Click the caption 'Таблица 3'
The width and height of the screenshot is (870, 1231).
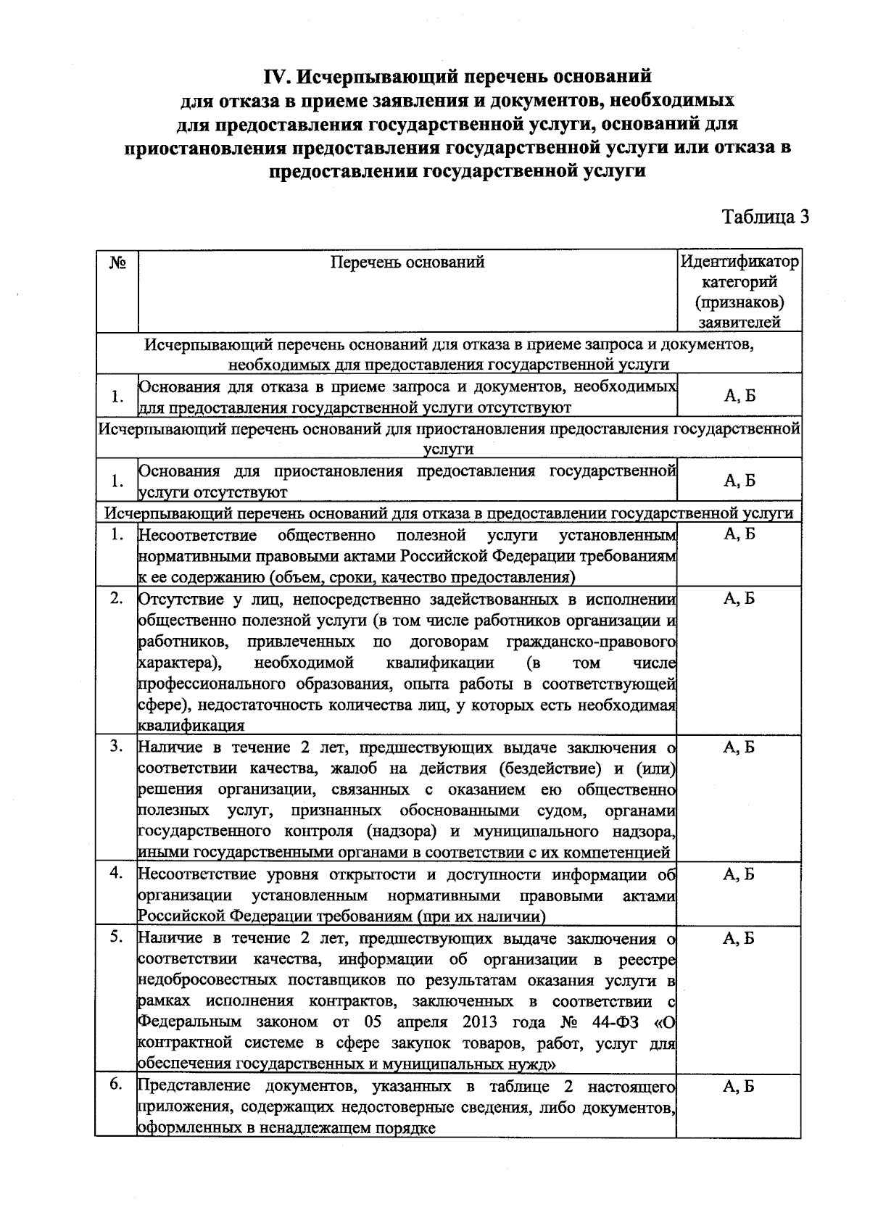pyautogui.click(x=765, y=217)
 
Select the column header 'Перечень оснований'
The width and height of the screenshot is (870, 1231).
pyautogui.click(x=407, y=262)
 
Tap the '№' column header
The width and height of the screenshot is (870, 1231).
pyautogui.click(x=117, y=262)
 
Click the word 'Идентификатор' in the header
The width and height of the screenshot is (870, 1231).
pyautogui.click(x=739, y=262)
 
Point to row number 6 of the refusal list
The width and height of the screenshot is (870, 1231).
pyautogui.click(x=116, y=1085)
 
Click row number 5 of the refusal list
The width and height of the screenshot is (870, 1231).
pyautogui.click(x=116, y=937)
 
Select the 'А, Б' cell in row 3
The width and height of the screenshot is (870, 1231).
pyautogui.click(x=739, y=747)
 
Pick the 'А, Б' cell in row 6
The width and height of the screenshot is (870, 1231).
pyautogui.click(x=739, y=1086)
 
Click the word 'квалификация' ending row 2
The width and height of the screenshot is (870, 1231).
pyautogui.click(x=191, y=726)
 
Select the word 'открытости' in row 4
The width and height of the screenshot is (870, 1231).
pyautogui.click(x=376, y=874)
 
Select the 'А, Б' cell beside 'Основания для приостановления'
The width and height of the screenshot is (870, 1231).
pyautogui.click(x=739, y=481)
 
